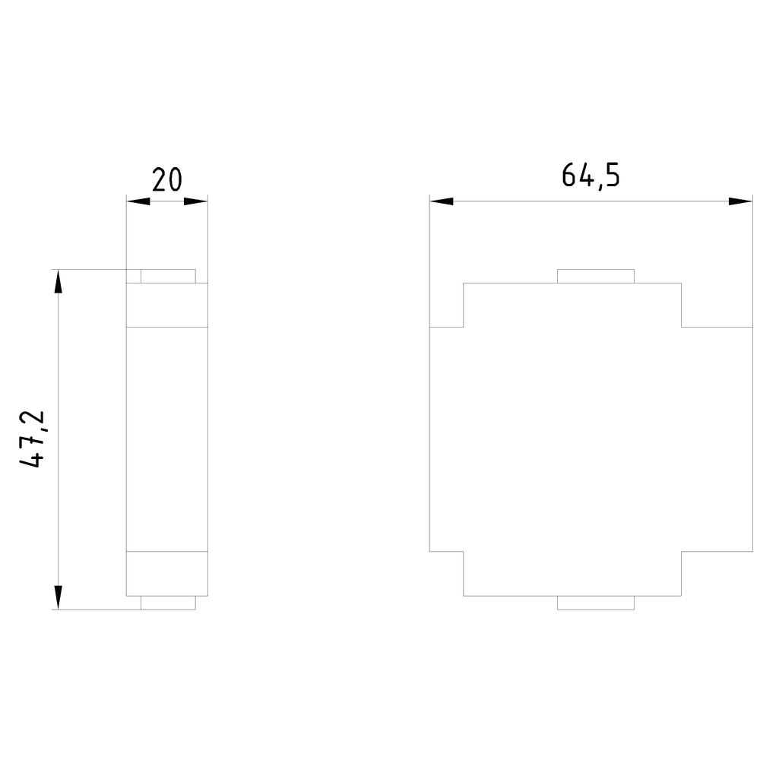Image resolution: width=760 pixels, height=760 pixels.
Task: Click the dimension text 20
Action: click(x=166, y=180)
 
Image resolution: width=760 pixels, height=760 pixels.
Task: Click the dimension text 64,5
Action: click(x=591, y=175)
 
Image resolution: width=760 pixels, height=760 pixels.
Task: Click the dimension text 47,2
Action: click(x=32, y=439)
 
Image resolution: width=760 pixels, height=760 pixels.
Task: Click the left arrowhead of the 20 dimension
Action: click(x=138, y=201)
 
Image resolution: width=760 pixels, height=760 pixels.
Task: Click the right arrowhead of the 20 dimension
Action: click(x=196, y=201)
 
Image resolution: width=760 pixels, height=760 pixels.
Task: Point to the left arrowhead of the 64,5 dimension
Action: click(x=442, y=201)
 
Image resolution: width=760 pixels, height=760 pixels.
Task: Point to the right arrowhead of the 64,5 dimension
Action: click(x=741, y=201)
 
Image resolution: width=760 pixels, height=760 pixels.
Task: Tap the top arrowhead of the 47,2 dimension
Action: click(x=59, y=281)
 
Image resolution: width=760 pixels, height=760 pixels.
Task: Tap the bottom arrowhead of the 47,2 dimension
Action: click(x=59, y=597)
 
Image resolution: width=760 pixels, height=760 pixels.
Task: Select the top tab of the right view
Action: click(x=596, y=277)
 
